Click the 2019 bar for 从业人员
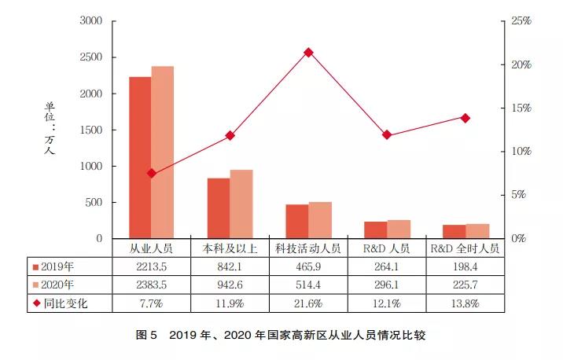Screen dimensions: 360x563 coord(140,157)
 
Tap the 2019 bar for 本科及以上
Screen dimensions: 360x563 coord(219,208)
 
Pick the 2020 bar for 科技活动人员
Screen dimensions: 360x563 coord(320,219)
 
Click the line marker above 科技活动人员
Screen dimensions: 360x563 coord(308,53)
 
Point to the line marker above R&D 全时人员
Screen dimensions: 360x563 coord(465,118)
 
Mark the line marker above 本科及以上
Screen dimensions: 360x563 coord(230,135)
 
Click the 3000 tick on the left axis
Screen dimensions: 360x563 coord(91,21)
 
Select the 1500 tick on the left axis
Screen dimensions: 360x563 coord(91,130)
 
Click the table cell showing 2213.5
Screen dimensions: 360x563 coord(152,266)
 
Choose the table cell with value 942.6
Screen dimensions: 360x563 coord(230,284)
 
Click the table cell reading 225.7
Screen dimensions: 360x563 coord(465,284)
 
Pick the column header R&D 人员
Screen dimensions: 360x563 coord(387,248)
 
